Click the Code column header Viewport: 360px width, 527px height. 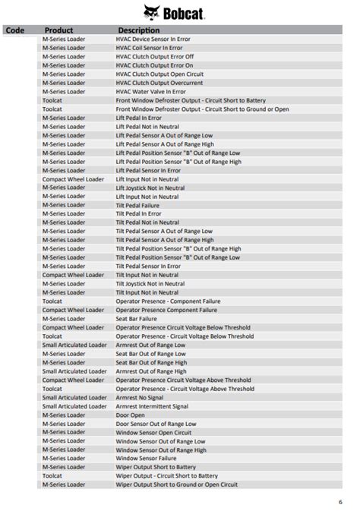pos(14,30)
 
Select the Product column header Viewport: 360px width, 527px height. pos(58,30)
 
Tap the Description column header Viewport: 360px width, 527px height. pos(138,30)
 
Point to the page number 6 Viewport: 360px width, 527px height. pos(339,502)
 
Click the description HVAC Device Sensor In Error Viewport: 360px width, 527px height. pos(152,39)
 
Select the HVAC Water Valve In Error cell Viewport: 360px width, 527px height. pos(150,91)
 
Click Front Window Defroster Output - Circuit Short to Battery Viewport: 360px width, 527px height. pos(191,100)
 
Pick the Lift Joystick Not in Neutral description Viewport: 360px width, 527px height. pos(150,188)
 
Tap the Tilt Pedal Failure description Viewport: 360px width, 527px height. pos(137,205)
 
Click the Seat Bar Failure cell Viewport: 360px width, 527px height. pos(135,319)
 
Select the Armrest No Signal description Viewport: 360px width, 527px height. pos(140,397)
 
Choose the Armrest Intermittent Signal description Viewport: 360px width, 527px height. pos(152,406)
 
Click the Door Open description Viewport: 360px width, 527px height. pos(130,415)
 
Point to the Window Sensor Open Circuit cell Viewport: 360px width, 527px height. pos(153,432)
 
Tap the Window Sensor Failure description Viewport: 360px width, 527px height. pos(147,459)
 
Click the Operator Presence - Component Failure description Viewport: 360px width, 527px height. pos(168,301)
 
